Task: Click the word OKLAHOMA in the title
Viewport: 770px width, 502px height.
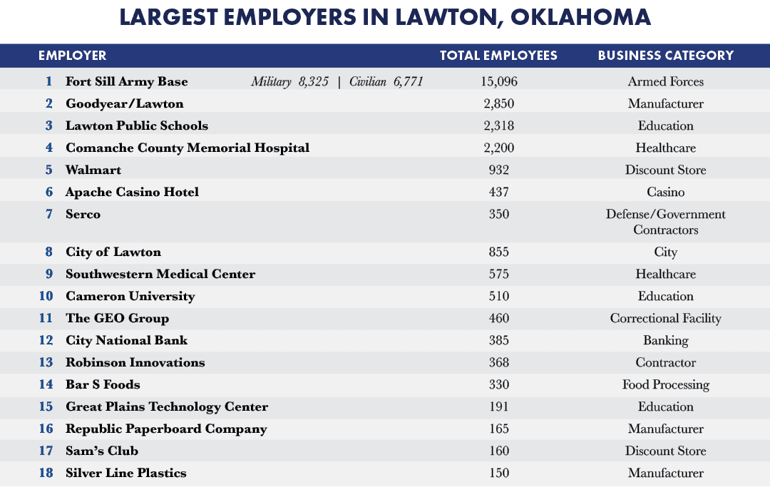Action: pos(580,17)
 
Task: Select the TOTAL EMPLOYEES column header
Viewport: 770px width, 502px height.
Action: pos(498,56)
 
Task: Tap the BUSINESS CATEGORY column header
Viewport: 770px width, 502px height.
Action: pos(665,56)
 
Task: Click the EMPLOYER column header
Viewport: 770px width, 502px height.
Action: pos(72,56)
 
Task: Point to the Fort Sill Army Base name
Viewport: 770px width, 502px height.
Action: pos(127,81)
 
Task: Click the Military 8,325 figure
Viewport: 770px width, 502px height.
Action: pos(289,81)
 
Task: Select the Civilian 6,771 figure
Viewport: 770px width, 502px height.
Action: pos(386,81)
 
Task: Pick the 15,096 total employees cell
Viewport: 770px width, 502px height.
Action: pos(499,81)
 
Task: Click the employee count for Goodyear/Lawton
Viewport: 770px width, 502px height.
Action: pos(499,103)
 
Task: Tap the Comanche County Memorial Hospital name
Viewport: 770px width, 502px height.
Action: pos(188,148)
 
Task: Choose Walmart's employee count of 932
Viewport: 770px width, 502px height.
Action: pos(499,170)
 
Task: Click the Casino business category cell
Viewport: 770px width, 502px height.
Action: pos(665,192)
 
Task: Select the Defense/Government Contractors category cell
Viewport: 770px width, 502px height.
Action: pos(665,222)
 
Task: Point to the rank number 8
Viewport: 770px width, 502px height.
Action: pos(49,252)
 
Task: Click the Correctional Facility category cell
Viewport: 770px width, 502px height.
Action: pos(665,319)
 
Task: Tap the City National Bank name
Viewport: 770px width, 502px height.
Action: pos(127,340)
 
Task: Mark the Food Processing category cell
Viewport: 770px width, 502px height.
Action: pos(665,385)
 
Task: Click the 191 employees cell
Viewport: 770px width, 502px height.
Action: pos(499,406)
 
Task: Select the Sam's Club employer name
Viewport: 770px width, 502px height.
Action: pos(102,451)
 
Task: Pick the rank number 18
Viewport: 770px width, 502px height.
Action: pos(46,473)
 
